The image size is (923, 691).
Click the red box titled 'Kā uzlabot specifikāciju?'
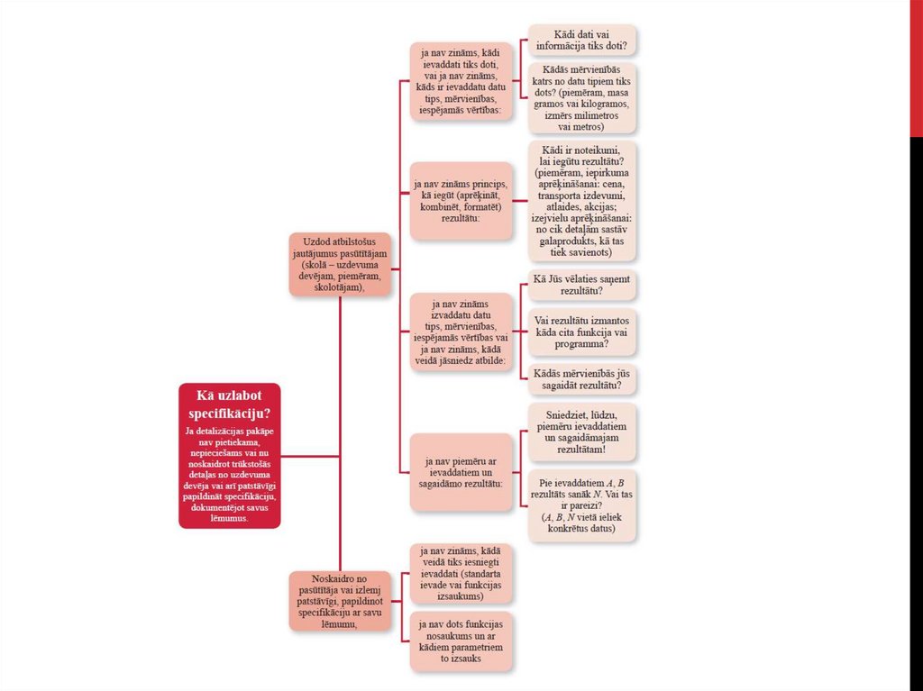tap(230, 455)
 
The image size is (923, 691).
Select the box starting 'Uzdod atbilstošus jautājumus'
tap(341, 264)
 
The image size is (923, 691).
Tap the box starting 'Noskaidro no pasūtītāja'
tap(341, 600)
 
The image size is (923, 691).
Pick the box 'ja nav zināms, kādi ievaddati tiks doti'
tap(461, 81)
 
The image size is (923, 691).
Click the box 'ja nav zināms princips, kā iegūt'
tap(461, 201)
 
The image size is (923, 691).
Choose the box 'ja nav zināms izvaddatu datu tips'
tap(461, 331)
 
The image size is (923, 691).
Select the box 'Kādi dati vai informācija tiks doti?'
tap(582, 40)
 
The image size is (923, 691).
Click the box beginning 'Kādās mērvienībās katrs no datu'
tap(582, 98)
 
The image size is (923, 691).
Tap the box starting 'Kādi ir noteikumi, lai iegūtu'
tap(582, 201)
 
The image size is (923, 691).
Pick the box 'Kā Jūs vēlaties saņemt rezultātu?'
tap(582, 286)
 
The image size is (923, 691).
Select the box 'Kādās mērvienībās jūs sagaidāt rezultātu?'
tap(582, 379)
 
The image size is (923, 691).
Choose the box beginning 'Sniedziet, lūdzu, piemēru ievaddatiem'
tap(582, 432)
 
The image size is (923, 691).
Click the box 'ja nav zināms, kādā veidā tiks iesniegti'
tap(461, 573)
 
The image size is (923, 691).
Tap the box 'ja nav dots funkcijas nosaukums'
tap(461, 641)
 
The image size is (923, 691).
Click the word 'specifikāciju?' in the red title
tap(230, 414)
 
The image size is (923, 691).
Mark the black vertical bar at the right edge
tap(916, 414)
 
